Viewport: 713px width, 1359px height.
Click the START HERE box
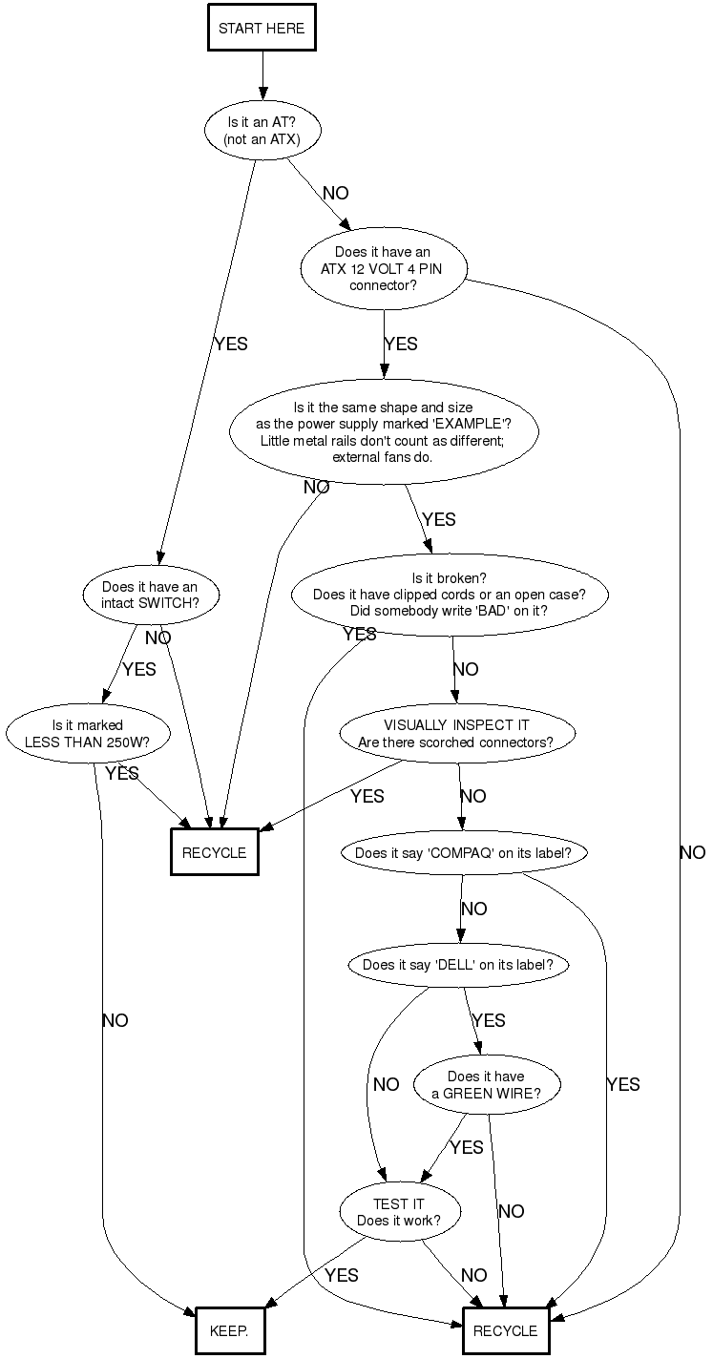(262, 29)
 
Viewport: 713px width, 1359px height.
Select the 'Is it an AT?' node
(262, 131)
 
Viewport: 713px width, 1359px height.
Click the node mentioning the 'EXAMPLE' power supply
(384, 432)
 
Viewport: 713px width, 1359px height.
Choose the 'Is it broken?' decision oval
(449, 595)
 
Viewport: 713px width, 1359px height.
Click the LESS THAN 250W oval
(88, 733)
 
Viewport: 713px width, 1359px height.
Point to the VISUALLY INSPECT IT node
(456, 734)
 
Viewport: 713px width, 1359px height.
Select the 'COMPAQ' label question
(463, 853)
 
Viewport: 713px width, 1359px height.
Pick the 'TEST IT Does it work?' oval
(399, 1212)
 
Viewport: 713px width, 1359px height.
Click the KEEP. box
(228, 1330)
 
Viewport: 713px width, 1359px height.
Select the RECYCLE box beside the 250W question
(214, 853)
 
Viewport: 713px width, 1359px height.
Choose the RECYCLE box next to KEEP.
(505, 1330)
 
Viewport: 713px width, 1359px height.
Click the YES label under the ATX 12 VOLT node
(400, 344)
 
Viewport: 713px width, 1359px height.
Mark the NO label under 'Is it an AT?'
(336, 193)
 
